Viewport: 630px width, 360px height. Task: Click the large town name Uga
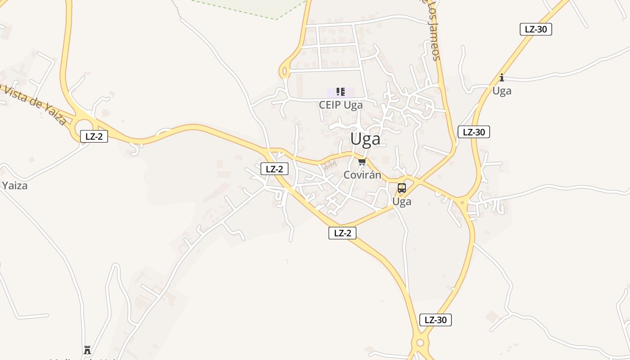(365, 139)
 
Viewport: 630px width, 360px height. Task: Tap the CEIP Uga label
(341, 105)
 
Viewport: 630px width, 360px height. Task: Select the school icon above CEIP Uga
(341, 92)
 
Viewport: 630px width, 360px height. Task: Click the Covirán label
(362, 175)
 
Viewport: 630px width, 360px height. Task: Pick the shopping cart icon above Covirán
(362, 162)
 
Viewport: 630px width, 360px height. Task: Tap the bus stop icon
(402, 188)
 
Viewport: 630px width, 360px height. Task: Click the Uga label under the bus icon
(402, 202)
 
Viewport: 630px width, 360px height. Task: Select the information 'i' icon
(502, 77)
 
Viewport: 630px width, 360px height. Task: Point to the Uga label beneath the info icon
(502, 91)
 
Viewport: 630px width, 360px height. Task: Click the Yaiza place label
(14, 185)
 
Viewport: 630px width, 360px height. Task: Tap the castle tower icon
(87, 350)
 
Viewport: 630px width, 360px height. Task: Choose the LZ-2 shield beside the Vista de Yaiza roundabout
(94, 136)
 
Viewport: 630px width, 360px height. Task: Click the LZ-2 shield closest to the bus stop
(342, 233)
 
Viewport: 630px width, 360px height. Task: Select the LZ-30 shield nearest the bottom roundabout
(436, 320)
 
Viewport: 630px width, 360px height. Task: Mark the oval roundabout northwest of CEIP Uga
(284, 71)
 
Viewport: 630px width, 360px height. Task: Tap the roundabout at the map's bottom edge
(420, 343)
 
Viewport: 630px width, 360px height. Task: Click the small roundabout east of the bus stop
(463, 202)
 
